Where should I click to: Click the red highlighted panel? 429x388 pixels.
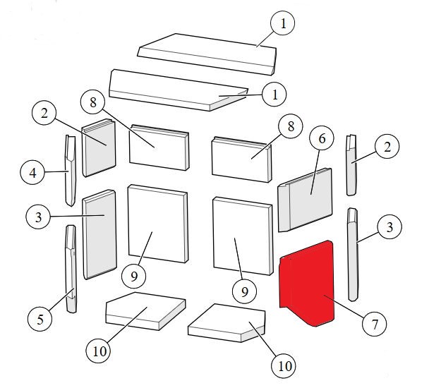tap(306, 283)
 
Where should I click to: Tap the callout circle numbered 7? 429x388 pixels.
tap(374, 325)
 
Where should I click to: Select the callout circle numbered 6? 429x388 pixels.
tap(322, 138)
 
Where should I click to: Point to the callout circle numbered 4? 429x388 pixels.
tap(32, 172)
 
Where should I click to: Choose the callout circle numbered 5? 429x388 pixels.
tap(40, 319)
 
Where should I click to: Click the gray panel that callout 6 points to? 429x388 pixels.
tap(305, 200)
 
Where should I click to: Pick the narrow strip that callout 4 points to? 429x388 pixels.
tap(71, 171)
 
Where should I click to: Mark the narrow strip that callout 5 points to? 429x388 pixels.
tap(71, 269)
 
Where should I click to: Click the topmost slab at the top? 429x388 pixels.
tap(207, 54)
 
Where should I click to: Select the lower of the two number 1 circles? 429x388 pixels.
tap(274, 95)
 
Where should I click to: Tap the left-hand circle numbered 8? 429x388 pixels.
tap(93, 102)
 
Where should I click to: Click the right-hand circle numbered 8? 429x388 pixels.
tap(291, 126)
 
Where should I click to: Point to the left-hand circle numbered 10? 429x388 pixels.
tap(99, 351)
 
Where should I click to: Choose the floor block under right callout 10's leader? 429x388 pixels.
tap(226, 323)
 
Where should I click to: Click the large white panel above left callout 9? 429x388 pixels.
tap(158, 224)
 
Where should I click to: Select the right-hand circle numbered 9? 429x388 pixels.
tap(244, 291)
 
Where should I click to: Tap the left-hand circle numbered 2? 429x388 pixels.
tap(44, 112)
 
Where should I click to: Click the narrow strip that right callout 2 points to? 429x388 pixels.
tap(352, 165)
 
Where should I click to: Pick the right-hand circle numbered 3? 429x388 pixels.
tap(389, 226)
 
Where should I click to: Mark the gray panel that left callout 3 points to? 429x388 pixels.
tap(99, 234)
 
